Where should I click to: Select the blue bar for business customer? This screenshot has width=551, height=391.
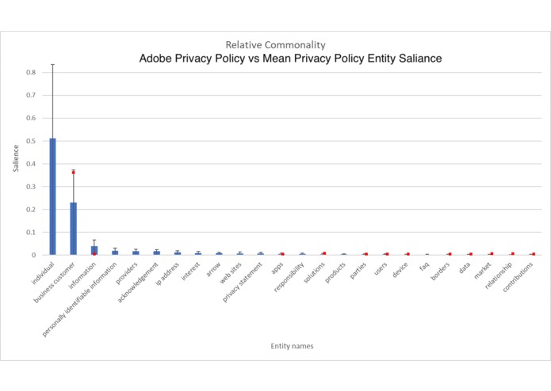73,229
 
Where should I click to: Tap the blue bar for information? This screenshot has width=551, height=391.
94,250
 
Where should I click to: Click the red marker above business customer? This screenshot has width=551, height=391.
73,172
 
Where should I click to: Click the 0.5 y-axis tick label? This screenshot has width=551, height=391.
30,141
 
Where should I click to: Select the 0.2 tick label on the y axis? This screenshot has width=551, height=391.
30,210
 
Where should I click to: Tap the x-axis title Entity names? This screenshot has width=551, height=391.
289,345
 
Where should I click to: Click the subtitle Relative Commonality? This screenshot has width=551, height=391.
275,44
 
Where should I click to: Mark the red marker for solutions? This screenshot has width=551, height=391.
324,253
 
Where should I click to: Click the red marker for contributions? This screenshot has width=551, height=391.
534,254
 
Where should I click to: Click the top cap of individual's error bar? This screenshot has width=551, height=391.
52,64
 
